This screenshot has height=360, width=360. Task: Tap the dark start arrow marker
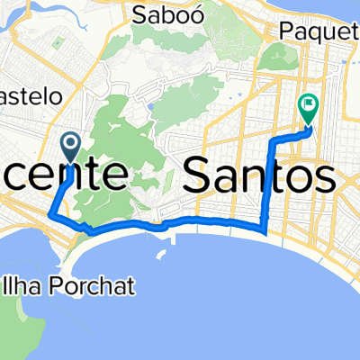(70, 143)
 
